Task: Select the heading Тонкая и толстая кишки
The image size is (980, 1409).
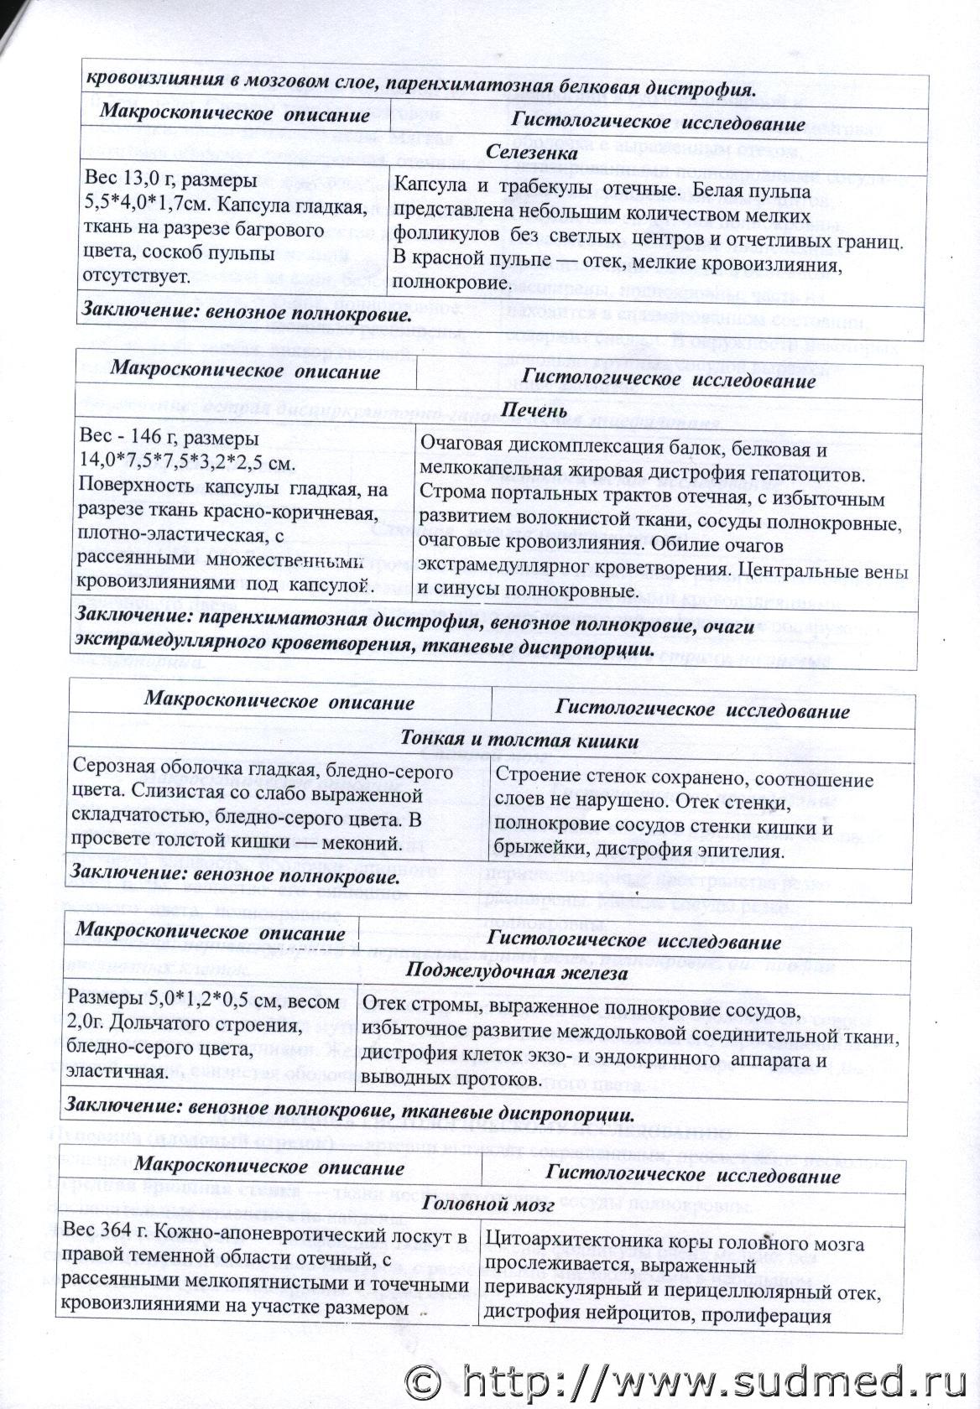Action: (x=520, y=741)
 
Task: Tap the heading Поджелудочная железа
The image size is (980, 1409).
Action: (x=517, y=973)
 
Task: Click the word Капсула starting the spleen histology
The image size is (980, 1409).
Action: (x=425, y=184)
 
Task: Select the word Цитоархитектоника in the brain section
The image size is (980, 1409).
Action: (x=571, y=1244)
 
